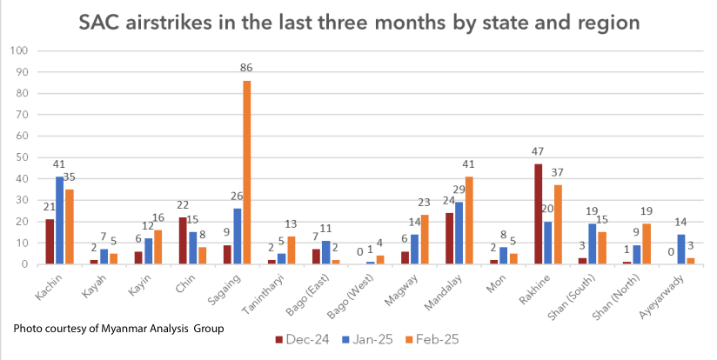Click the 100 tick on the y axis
click(x=19, y=50)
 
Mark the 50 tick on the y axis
click(x=22, y=157)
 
